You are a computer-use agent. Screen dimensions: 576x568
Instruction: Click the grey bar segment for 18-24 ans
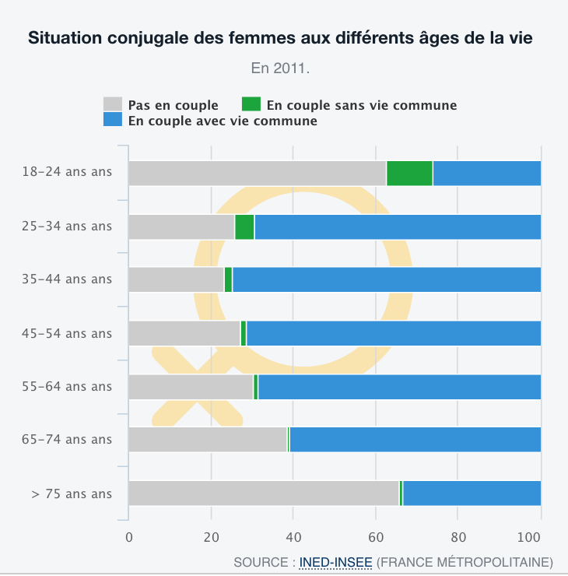[257, 174]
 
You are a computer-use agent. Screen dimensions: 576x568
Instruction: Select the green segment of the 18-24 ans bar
[409, 174]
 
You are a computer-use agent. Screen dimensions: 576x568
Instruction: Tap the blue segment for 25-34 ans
[397, 227]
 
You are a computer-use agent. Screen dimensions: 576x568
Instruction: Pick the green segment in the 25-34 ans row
[244, 227]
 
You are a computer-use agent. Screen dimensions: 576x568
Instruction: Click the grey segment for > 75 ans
[263, 493]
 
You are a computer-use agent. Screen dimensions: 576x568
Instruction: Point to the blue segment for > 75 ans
[472, 493]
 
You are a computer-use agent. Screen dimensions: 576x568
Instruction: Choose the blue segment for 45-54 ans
[393, 333]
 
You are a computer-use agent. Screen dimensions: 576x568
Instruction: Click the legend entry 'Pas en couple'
[173, 105]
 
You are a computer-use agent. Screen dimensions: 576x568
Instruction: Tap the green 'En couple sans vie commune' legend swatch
[251, 104]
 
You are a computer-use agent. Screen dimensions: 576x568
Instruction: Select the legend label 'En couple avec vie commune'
[222, 121]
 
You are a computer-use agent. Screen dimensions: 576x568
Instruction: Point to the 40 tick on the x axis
[293, 536]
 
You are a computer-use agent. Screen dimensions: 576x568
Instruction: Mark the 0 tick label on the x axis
[128, 536]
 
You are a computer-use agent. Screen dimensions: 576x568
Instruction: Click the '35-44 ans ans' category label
[67, 279]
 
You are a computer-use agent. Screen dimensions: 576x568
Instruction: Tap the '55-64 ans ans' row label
[67, 386]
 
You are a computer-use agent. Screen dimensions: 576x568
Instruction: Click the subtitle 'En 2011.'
[280, 68]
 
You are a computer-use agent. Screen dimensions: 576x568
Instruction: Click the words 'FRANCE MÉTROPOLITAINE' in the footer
[465, 561]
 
